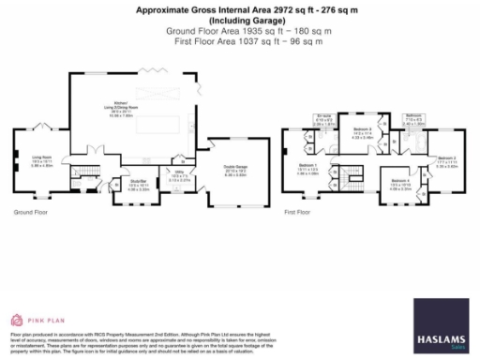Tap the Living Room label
pos(41,161)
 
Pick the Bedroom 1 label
pos(308,170)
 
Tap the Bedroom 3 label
pos(363,133)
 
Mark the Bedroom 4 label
pos(399,184)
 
